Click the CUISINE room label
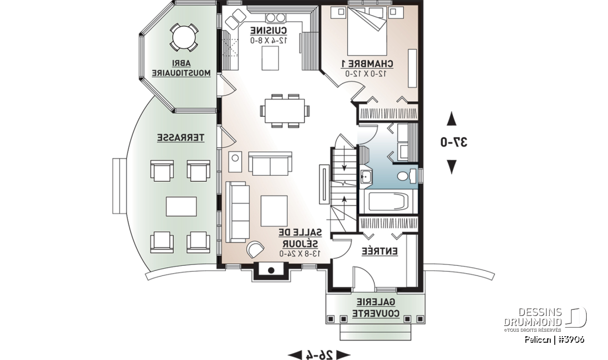[269, 30]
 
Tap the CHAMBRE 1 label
[367, 64]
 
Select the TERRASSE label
[181, 138]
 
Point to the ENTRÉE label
[379, 251]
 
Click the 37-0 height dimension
[454, 142]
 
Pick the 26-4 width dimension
[319, 354]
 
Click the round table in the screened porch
[184, 37]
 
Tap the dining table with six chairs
[285, 111]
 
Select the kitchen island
[271, 58]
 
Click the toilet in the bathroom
[406, 176]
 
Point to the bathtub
[388, 202]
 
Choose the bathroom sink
[366, 177]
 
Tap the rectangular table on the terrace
[181, 207]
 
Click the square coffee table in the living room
[274, 211]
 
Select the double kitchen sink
[276, 18]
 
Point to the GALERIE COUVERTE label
[375, 308]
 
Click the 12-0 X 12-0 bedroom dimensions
[366, 73]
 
